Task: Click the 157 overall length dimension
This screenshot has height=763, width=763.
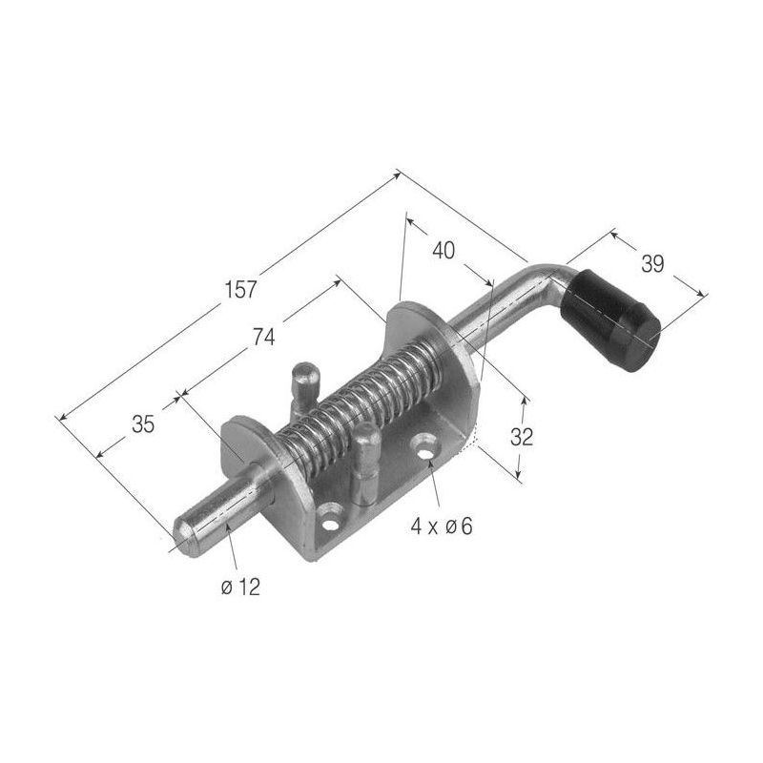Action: coord(240,290)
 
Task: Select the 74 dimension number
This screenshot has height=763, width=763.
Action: coord(264,338)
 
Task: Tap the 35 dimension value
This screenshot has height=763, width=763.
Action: coord(143,424)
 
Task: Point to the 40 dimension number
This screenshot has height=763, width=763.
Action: coord(443,251)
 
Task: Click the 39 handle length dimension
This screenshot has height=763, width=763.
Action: coord(652,264)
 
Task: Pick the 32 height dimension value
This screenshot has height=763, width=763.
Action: coord(522,437)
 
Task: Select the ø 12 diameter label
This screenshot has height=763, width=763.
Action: coord(240,588)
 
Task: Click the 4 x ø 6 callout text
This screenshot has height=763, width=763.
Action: coord(442,526)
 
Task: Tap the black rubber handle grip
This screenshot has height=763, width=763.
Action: coord(610,321)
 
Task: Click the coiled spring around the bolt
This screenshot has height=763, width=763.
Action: coord(361,403)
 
